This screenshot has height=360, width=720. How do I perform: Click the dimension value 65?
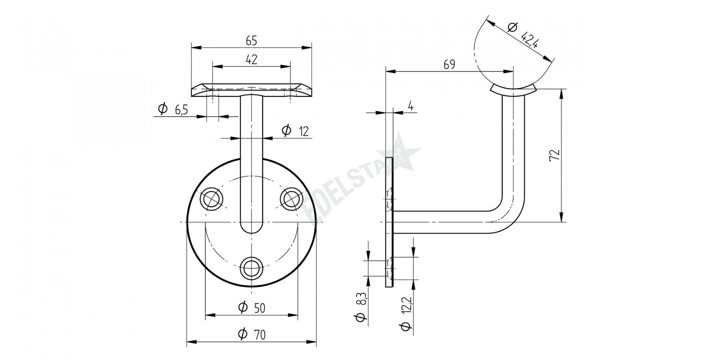[251, 40]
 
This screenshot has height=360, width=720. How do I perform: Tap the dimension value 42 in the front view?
[251, 60]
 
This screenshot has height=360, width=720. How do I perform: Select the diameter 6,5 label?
[173, 109]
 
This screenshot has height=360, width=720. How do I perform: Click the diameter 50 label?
[251, 307]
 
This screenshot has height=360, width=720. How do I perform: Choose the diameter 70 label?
[251, 334]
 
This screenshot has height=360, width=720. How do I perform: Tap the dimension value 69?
[449, 64]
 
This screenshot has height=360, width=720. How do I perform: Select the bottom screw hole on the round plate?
[252, 267]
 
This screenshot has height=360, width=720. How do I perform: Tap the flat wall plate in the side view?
[389, 222]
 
